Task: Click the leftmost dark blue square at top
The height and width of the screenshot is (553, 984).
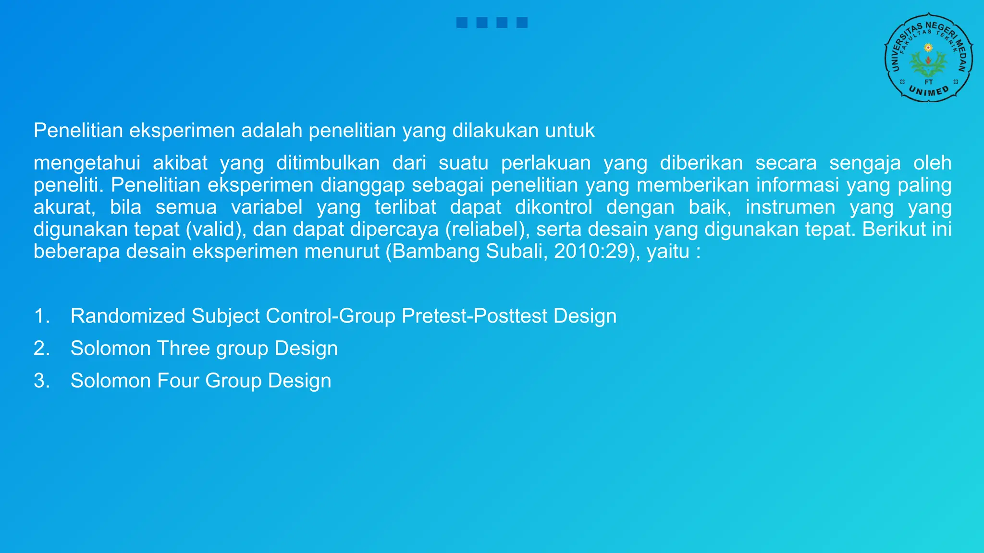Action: click(462, 23)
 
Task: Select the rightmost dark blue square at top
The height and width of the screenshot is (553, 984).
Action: click(522, 23)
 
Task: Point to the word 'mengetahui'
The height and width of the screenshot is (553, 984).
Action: click(87, 163)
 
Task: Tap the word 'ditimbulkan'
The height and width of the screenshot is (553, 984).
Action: click(328, 163)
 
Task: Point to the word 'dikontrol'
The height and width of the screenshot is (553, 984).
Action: click(553, 207)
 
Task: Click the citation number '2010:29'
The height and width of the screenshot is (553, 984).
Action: click(591, 252)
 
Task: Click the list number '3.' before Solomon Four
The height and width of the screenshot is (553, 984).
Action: click(42, 381)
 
